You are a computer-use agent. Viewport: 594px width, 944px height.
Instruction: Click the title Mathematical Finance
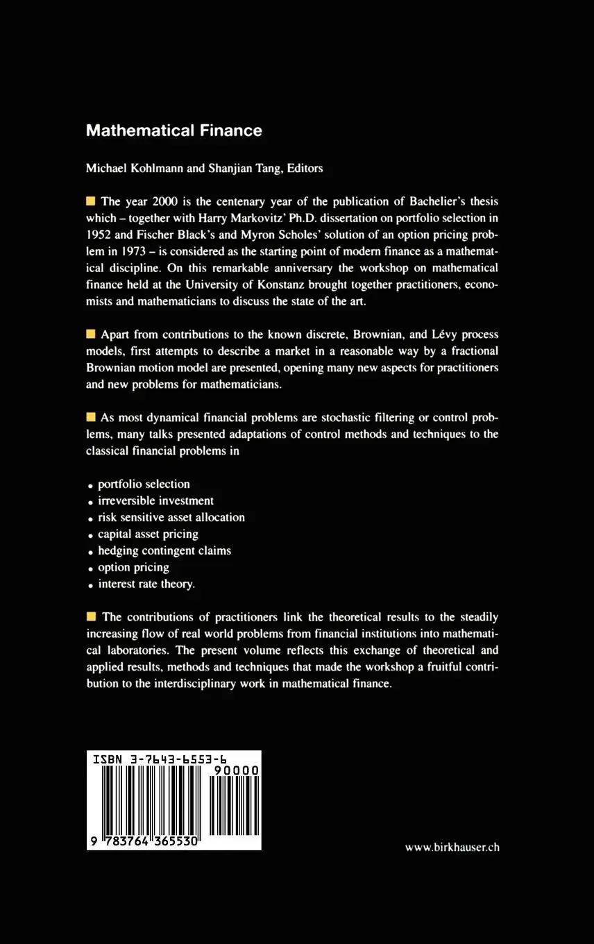(x=173, y=130)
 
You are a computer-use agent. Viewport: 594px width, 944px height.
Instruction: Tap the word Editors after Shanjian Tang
(x=301, y=168)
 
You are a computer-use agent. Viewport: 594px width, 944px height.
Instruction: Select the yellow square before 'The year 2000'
(x=90, y=202)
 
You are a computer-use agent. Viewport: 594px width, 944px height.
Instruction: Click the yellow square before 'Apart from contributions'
(x=90, y=335)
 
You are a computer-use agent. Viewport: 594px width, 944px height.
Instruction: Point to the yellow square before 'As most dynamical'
(x=90, y=418)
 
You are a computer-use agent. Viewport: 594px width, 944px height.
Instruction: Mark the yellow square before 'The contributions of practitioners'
(x=90, y=617)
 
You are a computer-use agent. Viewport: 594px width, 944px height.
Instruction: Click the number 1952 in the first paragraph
(x=99, y=235)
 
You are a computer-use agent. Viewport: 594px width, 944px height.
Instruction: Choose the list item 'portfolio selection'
(x=144, y=484)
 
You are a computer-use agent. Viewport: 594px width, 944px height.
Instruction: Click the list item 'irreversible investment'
(x=155, y=501)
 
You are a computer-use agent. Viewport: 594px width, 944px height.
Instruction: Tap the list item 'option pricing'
(x=133, y=568)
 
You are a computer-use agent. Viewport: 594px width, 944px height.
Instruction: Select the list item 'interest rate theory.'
(x=146, y=584)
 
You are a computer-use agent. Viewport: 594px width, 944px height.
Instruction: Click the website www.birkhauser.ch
(x=452, y=848)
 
